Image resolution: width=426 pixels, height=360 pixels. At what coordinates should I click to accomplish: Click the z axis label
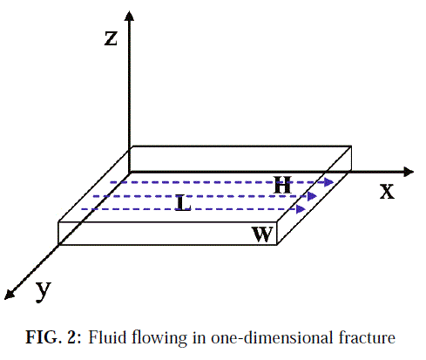click(111, 38)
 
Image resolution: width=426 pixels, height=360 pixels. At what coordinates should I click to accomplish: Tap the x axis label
click(387, 192)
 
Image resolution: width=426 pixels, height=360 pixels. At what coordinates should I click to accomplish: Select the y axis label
click(44, 291)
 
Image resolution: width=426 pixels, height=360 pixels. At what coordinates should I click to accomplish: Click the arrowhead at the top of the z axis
click(129, 16)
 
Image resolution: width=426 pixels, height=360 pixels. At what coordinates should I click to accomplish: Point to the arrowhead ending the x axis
click(409, 172)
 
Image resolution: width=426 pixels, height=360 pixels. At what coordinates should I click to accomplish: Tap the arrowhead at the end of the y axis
click(10, 295)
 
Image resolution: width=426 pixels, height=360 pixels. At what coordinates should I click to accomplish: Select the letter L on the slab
click(183, 203)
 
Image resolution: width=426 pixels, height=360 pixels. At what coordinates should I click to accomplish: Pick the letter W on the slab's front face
click(262, 234)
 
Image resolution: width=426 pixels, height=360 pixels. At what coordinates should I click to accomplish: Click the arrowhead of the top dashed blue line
click(329, 182)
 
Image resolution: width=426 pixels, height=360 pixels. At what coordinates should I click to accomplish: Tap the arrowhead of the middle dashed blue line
click(312, 196)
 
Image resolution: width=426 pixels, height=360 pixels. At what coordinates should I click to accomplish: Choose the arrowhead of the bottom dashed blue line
click(301, 209)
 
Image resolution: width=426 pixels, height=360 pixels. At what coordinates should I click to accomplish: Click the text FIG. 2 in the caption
click(53, 337)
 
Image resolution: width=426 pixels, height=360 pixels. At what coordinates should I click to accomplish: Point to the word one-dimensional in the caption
click(273, 337)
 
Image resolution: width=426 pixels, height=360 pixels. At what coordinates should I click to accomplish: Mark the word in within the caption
click(199, 337)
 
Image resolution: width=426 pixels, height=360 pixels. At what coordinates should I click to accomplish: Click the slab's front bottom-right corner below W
click(277, 245)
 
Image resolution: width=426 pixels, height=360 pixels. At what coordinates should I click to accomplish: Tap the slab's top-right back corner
click(351, 146)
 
